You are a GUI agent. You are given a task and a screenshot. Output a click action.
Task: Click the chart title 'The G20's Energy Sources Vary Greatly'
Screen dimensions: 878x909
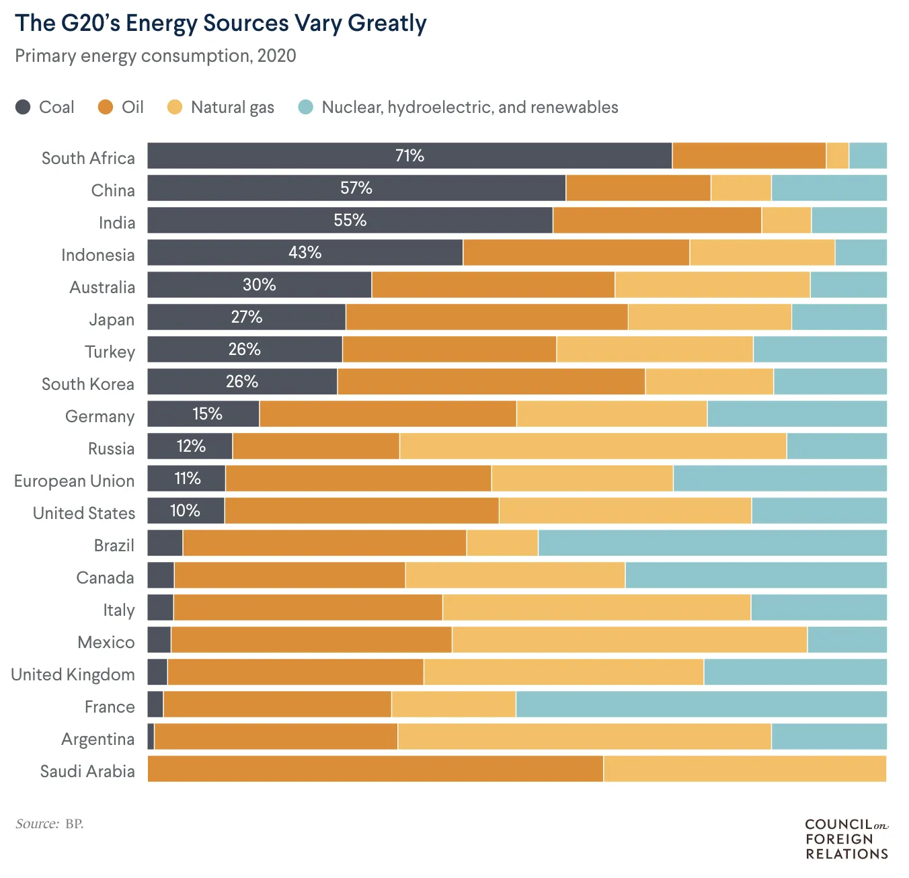221,24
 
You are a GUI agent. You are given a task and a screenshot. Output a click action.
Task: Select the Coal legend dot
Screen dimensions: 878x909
23,107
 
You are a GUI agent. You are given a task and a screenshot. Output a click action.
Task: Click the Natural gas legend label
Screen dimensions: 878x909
232,108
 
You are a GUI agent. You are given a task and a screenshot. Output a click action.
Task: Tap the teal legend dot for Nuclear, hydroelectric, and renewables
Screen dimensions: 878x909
306,107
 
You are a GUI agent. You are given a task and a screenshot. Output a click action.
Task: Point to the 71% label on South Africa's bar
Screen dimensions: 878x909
409,156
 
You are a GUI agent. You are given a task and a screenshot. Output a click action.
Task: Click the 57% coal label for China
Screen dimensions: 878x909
356,188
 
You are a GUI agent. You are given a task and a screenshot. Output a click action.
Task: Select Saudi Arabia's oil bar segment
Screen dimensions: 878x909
375,768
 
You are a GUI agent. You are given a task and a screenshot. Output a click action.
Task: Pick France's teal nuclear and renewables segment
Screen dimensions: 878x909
701,704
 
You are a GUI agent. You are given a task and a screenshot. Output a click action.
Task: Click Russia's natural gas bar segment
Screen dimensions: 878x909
592,446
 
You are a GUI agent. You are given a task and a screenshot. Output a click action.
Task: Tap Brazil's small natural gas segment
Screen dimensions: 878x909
502,543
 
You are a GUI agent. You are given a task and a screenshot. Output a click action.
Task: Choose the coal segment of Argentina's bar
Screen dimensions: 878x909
151,736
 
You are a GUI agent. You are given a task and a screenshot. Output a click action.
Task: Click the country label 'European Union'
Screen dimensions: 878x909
74,481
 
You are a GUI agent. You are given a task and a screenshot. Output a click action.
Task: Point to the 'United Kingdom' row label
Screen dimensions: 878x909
73,675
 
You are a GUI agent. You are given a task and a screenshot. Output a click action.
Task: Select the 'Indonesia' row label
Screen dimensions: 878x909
97,255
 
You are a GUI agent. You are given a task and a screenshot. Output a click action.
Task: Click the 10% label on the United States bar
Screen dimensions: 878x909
185,511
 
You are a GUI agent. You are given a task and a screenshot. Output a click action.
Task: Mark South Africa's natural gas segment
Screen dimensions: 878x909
837,155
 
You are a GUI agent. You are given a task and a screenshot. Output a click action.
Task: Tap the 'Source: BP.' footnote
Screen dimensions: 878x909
50,824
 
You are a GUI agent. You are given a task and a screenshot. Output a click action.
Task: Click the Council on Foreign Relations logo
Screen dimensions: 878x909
846,838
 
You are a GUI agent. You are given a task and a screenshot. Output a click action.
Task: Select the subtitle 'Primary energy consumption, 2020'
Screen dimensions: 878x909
155,56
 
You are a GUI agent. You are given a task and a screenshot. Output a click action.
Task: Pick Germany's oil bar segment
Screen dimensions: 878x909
387,413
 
